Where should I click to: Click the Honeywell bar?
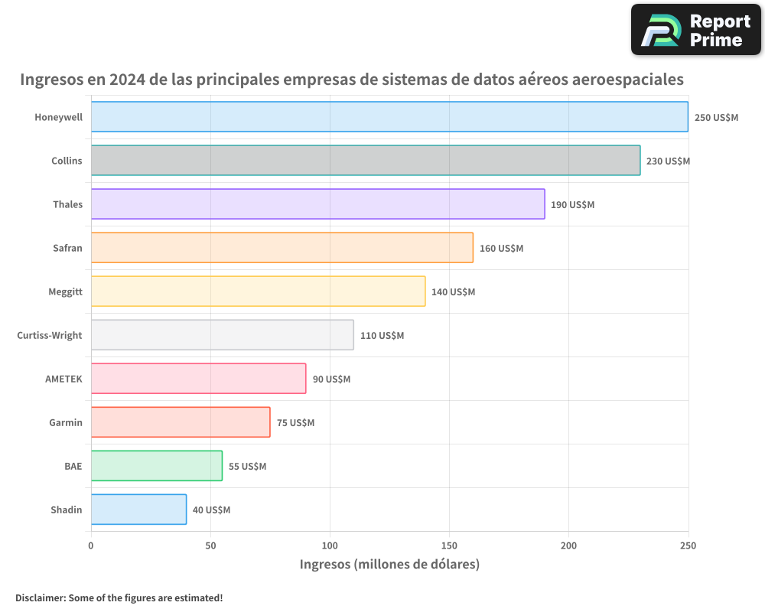389,117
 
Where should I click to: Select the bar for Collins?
366,161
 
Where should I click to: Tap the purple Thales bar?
317,204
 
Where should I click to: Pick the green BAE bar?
156,466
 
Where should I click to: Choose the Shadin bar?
138,509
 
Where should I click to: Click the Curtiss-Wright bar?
222,335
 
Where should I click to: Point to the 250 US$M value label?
716,118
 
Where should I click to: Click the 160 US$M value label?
501,249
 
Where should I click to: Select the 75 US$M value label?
295,423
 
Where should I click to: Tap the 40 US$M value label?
211,510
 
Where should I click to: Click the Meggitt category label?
64,292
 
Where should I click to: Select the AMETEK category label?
63,379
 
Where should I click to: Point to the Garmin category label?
66,423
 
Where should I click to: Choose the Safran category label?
67,249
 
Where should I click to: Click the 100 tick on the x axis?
330,545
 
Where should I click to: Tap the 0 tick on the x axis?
91,545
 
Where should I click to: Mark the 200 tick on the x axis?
568,545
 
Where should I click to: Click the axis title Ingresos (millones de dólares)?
389,565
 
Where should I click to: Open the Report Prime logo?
695,30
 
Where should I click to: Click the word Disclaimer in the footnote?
40,597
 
